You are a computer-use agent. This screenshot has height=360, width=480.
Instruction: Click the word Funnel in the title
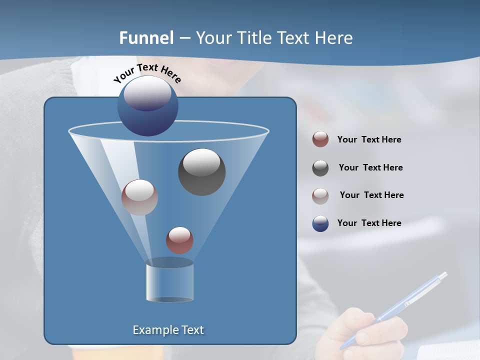coord(146,38)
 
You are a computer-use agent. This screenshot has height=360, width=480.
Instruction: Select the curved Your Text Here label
coord(147,73)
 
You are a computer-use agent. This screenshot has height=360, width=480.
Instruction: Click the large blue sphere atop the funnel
coord(148,106)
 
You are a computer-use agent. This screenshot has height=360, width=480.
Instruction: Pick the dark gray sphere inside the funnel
coord(201,172)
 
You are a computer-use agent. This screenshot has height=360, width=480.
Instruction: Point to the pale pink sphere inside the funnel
coord(139,197)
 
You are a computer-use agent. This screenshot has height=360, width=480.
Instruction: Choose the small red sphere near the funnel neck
coord(179,240)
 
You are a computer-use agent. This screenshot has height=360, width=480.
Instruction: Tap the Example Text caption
coord(168,330)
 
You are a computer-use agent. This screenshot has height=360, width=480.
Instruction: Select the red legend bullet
coord(320,139)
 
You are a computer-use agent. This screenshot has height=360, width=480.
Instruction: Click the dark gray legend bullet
coord(320,168)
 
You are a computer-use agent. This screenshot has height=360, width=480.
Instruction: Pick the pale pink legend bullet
coord(320,195)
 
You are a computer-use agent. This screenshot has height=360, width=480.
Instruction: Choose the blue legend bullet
coord(320,223)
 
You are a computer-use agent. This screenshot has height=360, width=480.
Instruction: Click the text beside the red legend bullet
coord(369,139)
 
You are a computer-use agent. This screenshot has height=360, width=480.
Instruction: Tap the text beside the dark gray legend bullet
coord(370,167)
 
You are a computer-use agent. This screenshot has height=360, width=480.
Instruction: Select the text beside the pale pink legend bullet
coord(371,195)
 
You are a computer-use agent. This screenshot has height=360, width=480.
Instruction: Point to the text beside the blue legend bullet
coord(369,223)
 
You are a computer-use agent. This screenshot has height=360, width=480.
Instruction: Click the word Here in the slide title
coord(334,38)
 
